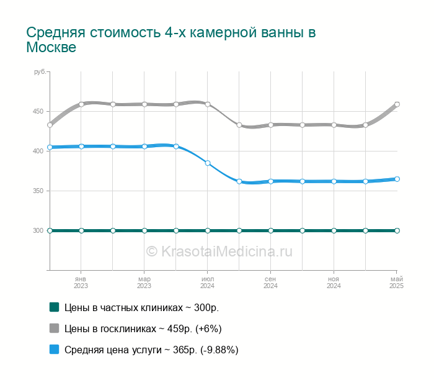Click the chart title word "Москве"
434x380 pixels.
pos(51,48)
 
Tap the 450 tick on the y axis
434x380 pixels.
pos(38,111)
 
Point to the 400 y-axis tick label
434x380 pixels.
pos(38,151)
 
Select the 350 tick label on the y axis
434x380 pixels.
pos(38,191)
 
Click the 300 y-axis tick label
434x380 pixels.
pos(38,230)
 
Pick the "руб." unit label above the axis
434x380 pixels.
pos(40,73)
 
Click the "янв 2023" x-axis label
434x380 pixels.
pos(81,283)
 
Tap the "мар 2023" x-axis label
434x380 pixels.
pos(144,283)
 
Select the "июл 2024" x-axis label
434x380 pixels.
pos(207,283)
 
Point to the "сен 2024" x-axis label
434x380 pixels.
pos(270,283)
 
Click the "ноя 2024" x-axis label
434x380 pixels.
pos(334,283)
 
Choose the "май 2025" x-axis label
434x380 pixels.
pos(396,283)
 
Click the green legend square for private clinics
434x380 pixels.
pos(54,307)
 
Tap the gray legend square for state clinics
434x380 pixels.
pos(54,328)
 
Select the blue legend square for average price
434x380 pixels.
pos(54,350)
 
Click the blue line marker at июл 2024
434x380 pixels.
pos(208,163)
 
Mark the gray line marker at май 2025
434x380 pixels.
pos(397,104)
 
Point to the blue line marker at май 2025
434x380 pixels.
pos(397,179)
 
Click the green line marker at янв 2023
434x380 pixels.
pos(81,230)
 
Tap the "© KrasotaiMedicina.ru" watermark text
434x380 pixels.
pos(219,251)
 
